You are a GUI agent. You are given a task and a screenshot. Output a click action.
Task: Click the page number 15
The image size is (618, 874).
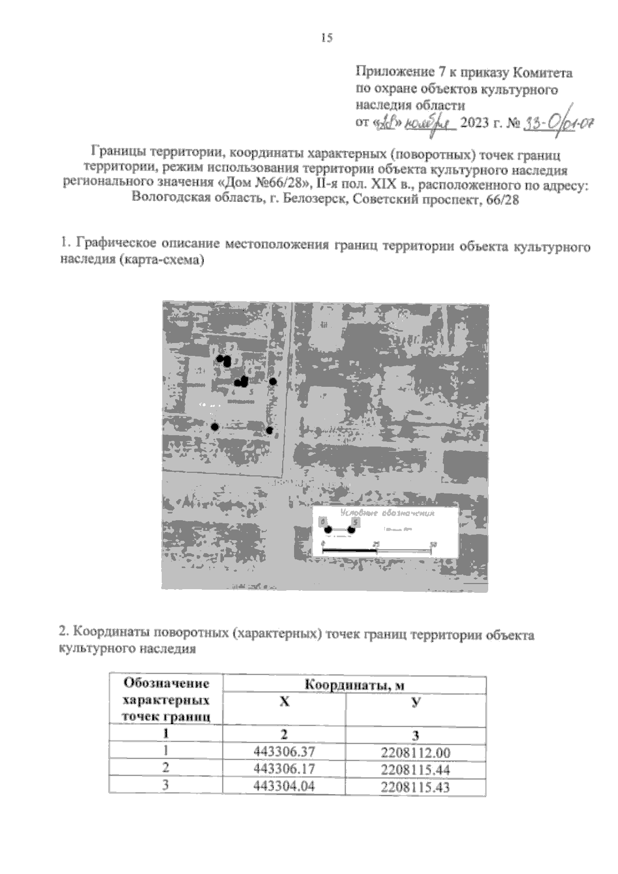(x=327, y=38)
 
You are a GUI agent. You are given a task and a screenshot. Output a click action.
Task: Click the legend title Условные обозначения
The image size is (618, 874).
(x=387, y=513)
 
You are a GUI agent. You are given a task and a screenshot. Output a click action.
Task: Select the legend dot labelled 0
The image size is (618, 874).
(x=328, y=529)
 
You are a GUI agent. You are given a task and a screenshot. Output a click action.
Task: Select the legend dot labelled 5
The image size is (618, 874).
(x=352, y=529)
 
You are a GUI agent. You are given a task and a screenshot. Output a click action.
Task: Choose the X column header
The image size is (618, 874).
(x=284, y=702)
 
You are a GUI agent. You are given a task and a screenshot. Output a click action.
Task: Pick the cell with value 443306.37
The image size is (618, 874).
(x=284, y=752)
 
